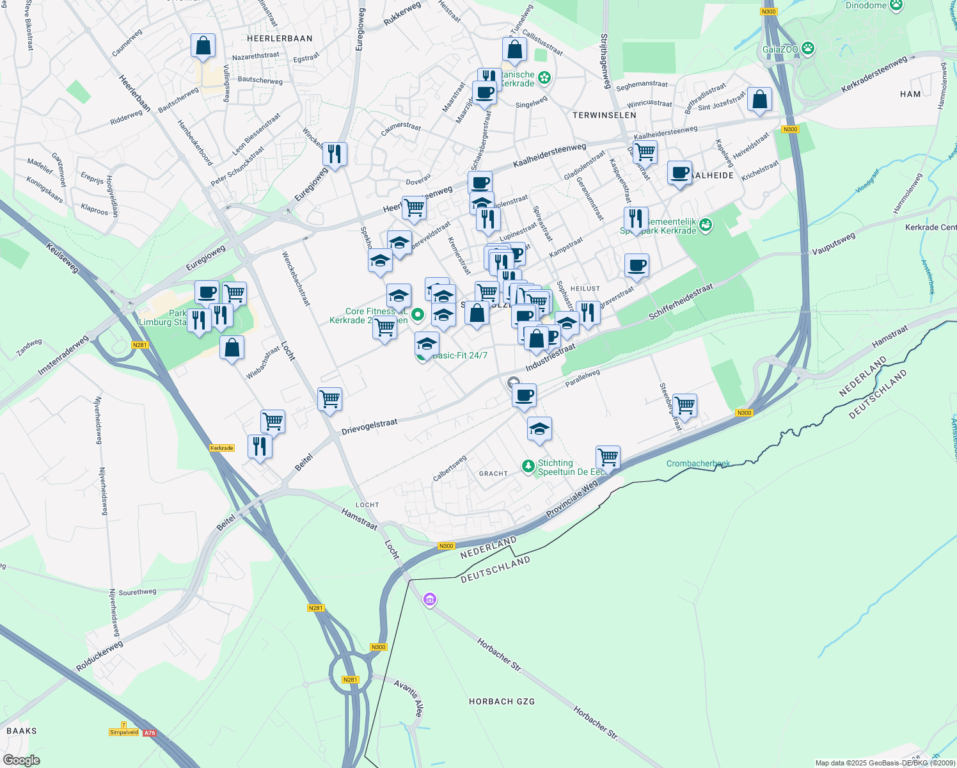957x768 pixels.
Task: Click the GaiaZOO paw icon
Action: (809, 48)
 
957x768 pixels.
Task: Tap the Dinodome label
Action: (866, 6)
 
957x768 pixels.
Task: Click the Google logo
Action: (21, 760)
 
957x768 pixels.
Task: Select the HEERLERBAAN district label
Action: (280, 38)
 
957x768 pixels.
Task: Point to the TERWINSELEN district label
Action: (604, 115)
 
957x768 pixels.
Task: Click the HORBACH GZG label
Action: (502, 701)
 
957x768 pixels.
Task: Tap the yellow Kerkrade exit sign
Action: (222, 448)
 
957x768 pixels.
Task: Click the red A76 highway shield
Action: (149, 733)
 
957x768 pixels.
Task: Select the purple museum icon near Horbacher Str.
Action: (430, 600)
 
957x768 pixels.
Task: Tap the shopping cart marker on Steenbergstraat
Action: (684, 405)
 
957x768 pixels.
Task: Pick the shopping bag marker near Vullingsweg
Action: (203, 46)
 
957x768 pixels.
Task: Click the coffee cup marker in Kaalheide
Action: (679, 173)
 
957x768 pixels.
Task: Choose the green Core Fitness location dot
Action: (418, 314)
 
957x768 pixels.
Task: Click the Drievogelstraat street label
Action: (369, 427)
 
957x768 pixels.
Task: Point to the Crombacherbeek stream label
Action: (698, 463)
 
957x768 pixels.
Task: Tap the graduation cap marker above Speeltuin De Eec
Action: (539, 429)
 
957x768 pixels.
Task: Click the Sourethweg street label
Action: (137, 592)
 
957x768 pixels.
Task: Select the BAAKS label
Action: (22, 731)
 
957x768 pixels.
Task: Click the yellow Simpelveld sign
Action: (123, 732)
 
